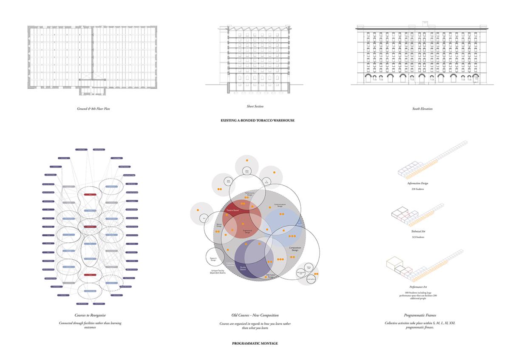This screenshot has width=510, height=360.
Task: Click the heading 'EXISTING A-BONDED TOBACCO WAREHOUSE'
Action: tap(258, 120)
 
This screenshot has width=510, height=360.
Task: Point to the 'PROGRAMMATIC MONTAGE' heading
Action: tap(255, 343)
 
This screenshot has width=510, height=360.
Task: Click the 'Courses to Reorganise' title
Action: tap(90, 315)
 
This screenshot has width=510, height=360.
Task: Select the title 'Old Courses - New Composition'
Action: tap(255, 315)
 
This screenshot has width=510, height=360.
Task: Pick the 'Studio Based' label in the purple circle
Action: tap(243, 269)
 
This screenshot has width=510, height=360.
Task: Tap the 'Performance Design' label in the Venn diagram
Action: tap(250, 194)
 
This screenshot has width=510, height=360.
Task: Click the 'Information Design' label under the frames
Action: tap(417, 184)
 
